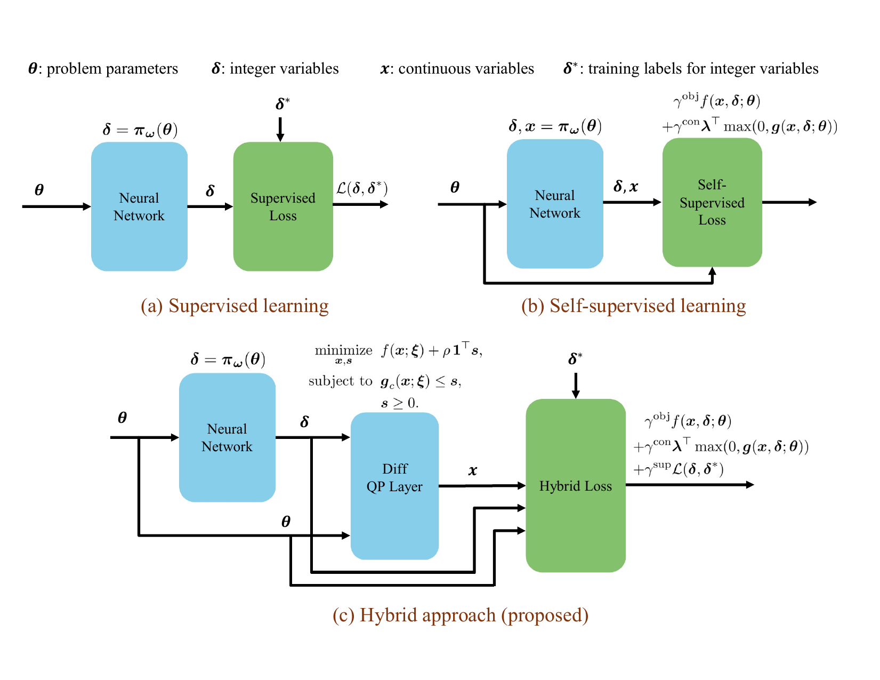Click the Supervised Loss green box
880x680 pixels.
283,206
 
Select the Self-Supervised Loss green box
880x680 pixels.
712,203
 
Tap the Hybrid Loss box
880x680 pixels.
575,485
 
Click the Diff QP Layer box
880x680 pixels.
394,485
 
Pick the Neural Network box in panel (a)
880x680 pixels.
139,206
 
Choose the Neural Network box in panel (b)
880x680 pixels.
555,204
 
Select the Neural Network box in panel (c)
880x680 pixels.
227,437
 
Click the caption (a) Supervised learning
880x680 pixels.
235,306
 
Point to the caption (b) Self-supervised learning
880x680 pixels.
633,306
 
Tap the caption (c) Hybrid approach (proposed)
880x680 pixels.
461,615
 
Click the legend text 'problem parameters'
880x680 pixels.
112,69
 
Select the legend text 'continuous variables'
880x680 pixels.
466,69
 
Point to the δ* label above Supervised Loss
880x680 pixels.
282,104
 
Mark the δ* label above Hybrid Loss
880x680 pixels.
575,359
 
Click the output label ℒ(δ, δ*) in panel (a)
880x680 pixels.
362,188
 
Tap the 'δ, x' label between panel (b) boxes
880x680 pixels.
626,187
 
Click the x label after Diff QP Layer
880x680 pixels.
473,470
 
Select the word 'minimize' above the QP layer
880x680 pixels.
343,350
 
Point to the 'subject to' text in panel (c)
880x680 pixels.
340,381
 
